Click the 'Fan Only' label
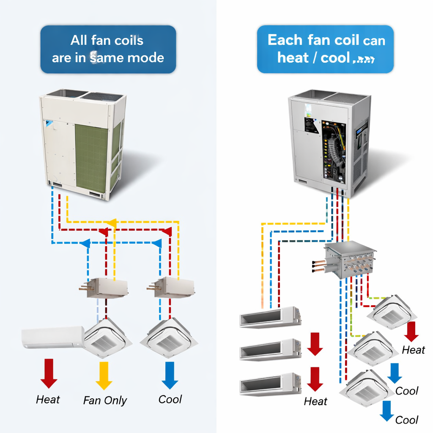(105, 400)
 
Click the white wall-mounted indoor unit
(53, 337)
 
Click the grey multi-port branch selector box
(351, 259)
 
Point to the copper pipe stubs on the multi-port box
(319, 266)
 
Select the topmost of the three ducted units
(270, 317)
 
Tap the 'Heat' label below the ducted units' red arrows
(315, 401)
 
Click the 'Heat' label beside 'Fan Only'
(48, 400)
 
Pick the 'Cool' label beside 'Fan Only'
(170, 399)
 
